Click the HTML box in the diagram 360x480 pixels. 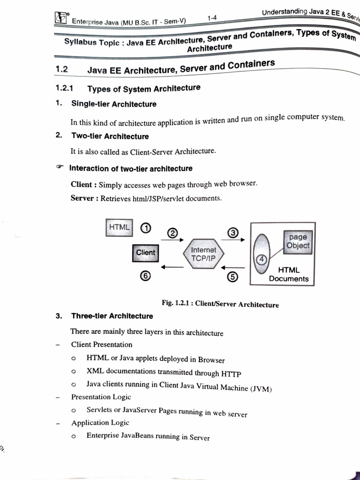120,227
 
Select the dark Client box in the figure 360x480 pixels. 145,253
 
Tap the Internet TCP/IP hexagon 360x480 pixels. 203,255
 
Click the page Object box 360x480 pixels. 298,241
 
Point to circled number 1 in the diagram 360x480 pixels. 146,228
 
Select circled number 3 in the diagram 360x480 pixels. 233,232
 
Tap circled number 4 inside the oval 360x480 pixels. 261,259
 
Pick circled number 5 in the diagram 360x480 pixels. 232,277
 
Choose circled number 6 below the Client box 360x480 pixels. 146,276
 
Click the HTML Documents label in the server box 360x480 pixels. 289,274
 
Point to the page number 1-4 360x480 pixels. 211,18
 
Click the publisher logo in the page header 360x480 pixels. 61,19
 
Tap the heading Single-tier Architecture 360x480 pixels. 113,104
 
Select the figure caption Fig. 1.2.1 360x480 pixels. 220,304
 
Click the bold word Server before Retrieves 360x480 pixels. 82,198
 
